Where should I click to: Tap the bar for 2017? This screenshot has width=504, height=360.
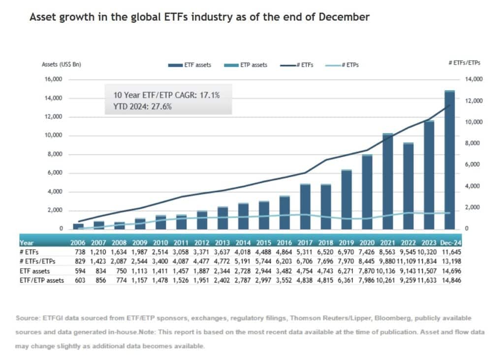[x=305, y=206]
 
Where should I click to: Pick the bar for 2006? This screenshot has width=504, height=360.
[x=78, y=226]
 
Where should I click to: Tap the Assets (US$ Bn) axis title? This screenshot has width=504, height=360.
[x=61, y=65]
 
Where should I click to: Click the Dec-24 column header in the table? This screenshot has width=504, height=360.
[x=449, y=243]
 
